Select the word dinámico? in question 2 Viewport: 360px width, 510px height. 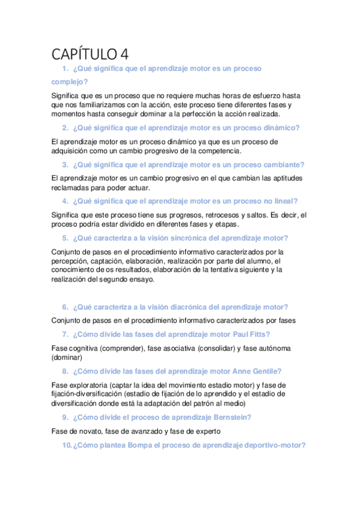[x=279, y=127]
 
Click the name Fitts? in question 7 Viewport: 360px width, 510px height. [x=257, y=334]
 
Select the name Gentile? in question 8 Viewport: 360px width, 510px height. [x=263, y=371]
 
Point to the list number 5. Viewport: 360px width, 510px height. [x=66, y=238]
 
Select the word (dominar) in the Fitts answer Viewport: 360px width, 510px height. [x=68, y=357]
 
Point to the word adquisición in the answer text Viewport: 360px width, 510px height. [x=73, y=150]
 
